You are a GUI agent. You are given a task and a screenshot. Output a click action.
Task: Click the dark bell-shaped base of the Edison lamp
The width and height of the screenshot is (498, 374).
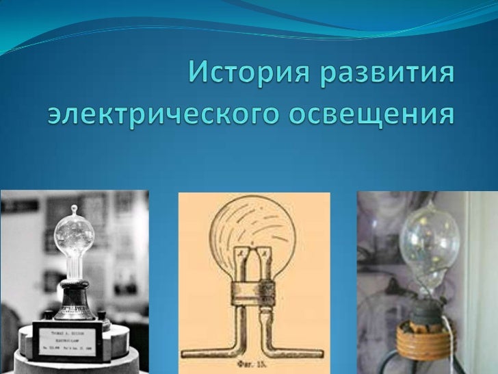[75, 302]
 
